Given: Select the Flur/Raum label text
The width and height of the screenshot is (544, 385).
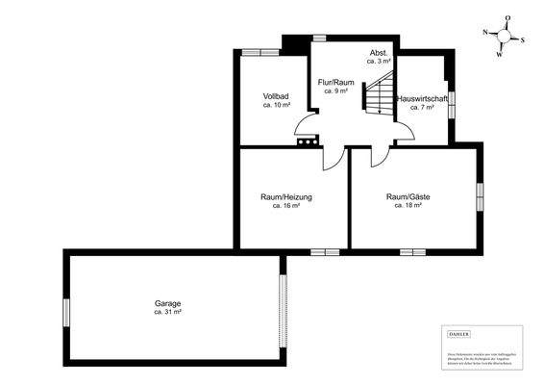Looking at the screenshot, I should click(335, 83).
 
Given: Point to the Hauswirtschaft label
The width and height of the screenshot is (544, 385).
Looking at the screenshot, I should click(422, 99).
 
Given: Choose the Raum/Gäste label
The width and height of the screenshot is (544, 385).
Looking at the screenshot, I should click(408, 197).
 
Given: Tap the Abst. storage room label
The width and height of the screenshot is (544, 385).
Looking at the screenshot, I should click(380, 52).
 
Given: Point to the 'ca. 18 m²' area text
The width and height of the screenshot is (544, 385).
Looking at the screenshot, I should click(408, 205).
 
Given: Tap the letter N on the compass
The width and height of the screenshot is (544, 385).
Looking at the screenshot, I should click(486, 33).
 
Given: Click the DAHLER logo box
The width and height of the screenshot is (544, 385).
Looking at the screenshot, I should click(459, 333).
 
